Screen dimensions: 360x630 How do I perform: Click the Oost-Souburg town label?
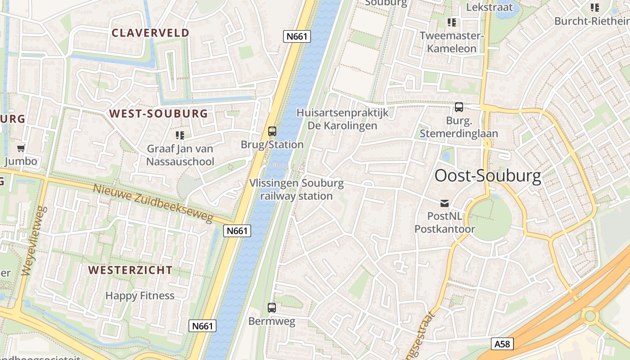[x=488, y=176]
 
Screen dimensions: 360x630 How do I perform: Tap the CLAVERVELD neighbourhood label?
[x=150, y=33]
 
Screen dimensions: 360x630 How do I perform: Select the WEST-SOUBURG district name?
[x=158, y=113]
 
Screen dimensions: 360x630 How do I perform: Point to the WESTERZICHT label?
[x=130, y=270]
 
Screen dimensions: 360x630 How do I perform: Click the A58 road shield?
[x=502, y=344]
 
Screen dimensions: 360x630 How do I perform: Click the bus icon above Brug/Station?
[x=272, y=131]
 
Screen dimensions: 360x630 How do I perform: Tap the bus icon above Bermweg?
[x=272, y=308]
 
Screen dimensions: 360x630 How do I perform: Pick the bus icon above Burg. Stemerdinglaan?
[x=459, y=107]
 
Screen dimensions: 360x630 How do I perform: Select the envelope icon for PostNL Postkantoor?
[x=445, y=203]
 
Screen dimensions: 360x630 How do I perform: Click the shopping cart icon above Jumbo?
[x=21, y=148]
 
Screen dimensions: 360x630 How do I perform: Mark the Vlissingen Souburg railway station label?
[x=297, y=189]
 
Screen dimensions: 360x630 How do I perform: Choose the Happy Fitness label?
[x=140, y=296]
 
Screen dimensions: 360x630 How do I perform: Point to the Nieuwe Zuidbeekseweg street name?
[x=153, y=203]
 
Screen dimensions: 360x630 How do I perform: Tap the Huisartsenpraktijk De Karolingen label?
[x=342, y=119]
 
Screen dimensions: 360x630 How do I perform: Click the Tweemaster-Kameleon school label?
[x=451, y=42]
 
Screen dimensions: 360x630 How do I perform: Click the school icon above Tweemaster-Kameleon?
[x=451, y=22]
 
